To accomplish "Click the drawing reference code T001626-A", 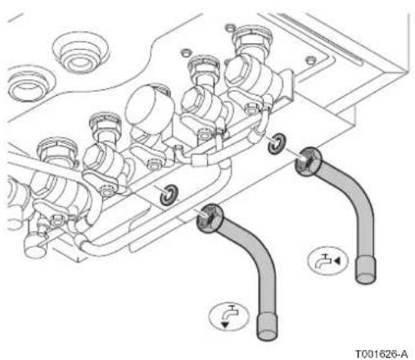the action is click(x=381, y=354).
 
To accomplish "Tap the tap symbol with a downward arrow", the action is click(x=228, y=317).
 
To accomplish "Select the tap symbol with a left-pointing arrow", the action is click(x=327, y=260).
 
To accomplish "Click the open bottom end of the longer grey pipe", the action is click(x=268, y=335).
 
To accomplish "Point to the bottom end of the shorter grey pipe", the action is click(x=366, y=278).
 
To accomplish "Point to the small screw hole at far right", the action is click(x=310, y=60).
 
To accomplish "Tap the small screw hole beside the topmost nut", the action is click(x=231, y=27).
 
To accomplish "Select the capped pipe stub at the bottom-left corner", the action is click(x=35, y=243).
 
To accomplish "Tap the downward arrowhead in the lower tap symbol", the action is click(x=225, y=325).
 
